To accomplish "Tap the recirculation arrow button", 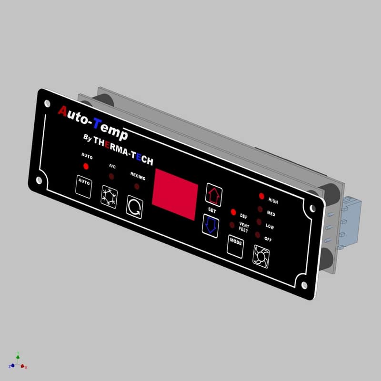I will tap(134, 208).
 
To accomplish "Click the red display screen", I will tap(175, 195).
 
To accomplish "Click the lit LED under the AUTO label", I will tap(86, 167).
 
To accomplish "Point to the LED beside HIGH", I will tap(261, 196).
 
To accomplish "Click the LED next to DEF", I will tap(233, 212).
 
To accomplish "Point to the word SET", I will tap(212, 210).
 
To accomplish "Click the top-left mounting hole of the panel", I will tap(47, 103).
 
